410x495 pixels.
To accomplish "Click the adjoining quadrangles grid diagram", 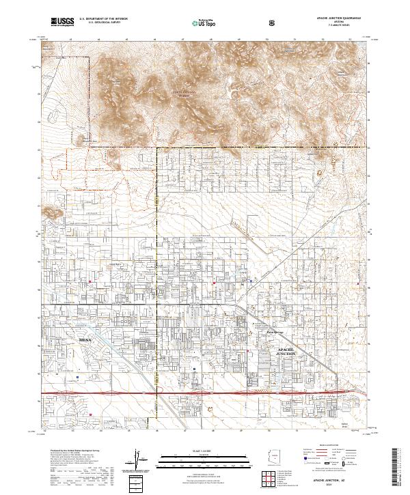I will click(x=277, y=479).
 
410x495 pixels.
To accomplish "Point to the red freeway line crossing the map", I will click(x=205, y=394).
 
